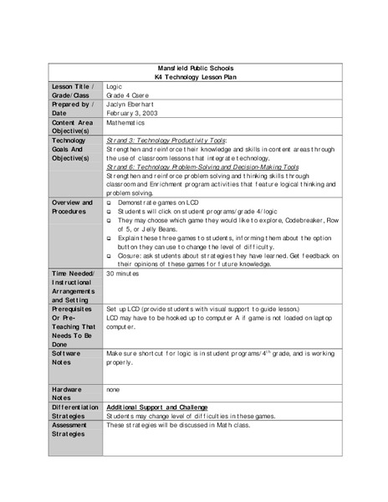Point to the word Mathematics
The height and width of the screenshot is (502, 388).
coord(126,122)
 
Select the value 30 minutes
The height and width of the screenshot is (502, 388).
coord(124,274)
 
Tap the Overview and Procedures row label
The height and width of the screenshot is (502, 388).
coord(73,207)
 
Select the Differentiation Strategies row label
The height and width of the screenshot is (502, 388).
coord(75,410)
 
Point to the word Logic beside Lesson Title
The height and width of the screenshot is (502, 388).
coord(115,85)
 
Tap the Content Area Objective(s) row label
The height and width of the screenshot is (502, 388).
coord(72,126)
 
